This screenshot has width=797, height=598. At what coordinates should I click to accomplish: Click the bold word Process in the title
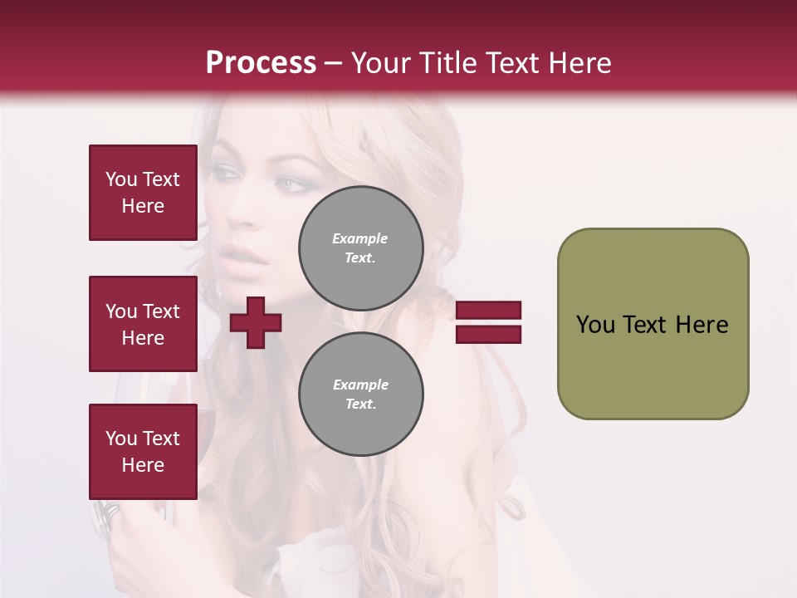[x=261, y=63]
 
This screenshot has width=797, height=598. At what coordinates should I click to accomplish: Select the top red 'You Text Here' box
[x=143, y=193]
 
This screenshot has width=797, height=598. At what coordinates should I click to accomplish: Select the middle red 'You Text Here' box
[x=143, y=324]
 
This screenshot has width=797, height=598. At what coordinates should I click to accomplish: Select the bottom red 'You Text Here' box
[x=143, y=452]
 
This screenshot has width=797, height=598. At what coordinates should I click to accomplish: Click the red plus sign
[x=256, y=322]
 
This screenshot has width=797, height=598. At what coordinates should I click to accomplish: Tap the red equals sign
[x=488, y=322]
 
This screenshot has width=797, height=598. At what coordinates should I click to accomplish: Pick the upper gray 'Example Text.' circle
[x=361, y=248]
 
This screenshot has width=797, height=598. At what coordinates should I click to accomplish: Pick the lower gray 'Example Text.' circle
[x=361, y=395]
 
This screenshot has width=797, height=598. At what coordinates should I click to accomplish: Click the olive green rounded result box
[x=653, y=324]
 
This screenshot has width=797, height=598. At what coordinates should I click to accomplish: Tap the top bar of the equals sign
[x=488, y=311]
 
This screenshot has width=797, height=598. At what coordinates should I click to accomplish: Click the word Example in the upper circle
[x=360, y=238]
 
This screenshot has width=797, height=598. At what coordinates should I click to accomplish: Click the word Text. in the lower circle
[x=360, y=404]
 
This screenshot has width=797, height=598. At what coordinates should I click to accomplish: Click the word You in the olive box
[x=596, y=325]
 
